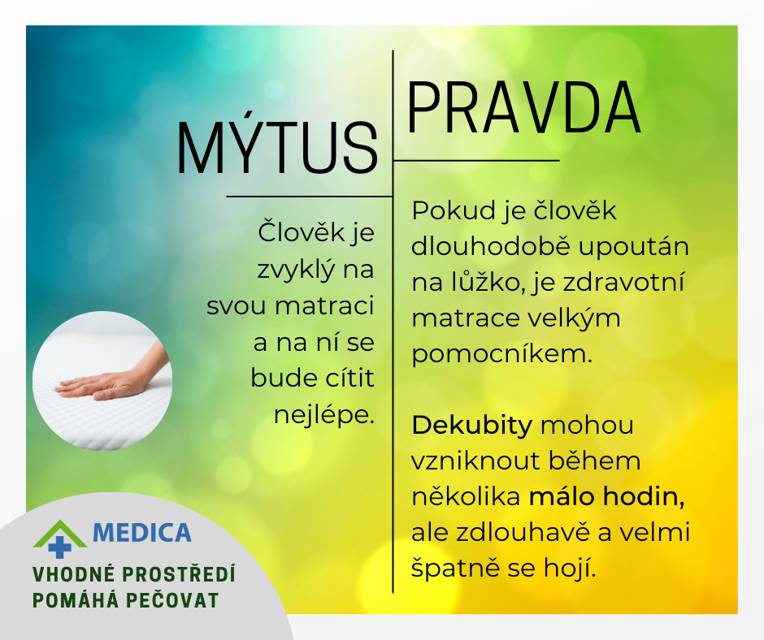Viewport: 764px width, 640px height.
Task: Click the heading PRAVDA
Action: coord(523,108)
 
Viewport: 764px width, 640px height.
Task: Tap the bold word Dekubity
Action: coord(471,426)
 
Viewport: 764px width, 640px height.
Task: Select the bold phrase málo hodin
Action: coord(606,497)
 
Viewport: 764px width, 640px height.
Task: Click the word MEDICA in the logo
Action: coord(141,533)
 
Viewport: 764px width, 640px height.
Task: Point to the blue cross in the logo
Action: coord(60,547)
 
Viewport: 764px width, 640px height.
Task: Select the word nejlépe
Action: coord(324,416)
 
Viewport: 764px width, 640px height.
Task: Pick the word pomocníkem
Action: coord(501,354)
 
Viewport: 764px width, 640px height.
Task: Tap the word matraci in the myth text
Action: coord(324,306)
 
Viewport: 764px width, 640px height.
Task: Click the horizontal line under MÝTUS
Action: coord(310,197)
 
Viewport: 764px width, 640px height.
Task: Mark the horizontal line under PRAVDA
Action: coord(476,160)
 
